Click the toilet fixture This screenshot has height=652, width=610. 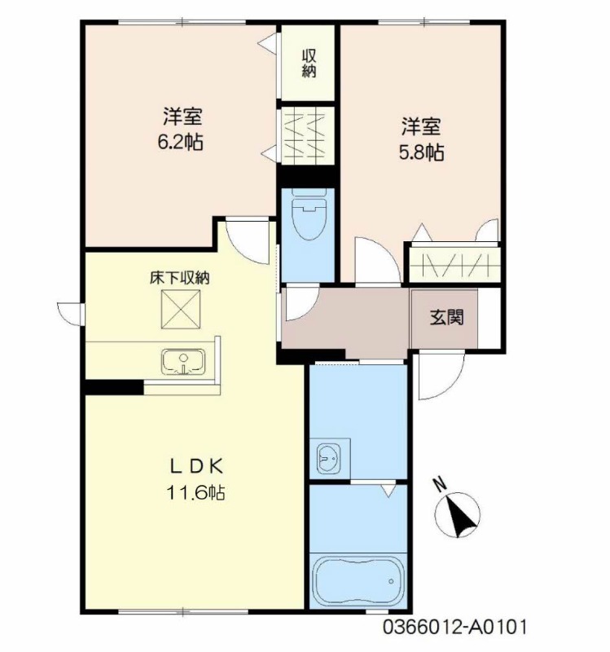pos(309,214)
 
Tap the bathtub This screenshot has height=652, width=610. pos(358,580)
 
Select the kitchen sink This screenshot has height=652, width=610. pos(183,361)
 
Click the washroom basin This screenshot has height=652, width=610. pos(329,459)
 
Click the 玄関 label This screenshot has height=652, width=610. pos(446,318)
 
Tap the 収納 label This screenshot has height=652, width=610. pos(309,64)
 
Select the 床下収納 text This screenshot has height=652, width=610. pos(179,278)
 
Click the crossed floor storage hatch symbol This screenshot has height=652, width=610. pos(181,309)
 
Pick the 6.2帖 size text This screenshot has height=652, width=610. pos(180,143)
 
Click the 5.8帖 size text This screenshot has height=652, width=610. pos(421,152)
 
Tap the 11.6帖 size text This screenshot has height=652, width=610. pos(195,493)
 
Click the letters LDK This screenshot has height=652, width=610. pos(197,467)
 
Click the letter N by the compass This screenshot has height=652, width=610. pos(440,484)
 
